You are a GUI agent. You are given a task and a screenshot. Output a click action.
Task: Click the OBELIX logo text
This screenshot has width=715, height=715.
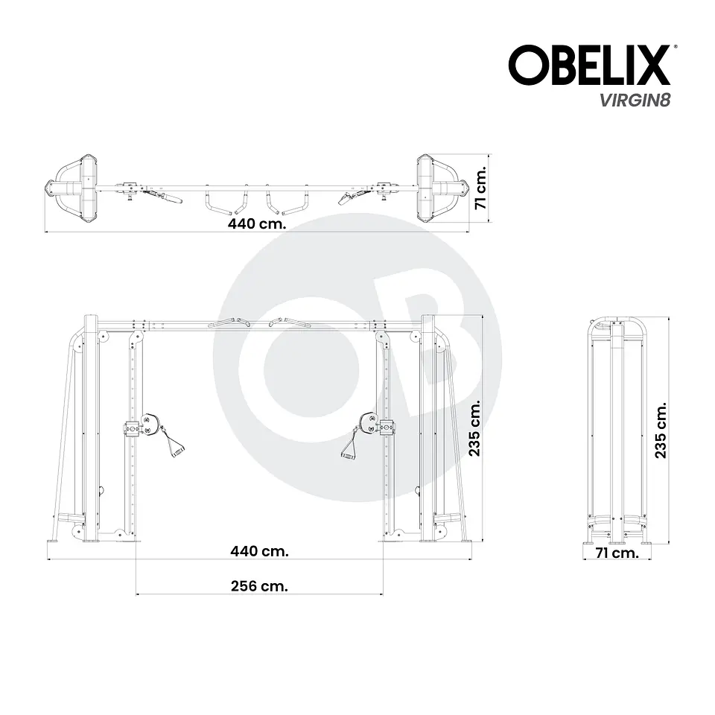pyautogui.click(x=588, y=65)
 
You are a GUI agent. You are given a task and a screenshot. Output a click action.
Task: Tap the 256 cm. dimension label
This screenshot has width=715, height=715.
pyautogui.click(x=258, y=585)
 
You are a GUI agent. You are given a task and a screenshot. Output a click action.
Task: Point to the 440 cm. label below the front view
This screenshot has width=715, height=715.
pyautogui.click(x=259, y=551)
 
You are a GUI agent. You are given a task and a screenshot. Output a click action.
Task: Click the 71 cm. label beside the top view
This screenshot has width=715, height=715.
pyautogui.click(x=481, y=188)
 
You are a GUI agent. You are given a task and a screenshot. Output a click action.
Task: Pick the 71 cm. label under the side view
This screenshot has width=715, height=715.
pyautogui.click(x=617, y=553)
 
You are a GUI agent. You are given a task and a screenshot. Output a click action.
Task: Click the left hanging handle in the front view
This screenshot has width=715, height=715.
pyautogui.click(x=175, y=445)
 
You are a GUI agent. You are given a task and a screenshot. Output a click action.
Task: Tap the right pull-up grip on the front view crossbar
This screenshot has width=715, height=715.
pyautogui.click(x=293, y=322)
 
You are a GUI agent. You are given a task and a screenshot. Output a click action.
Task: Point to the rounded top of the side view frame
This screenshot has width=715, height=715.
pyautogui.click(x=618, y=325)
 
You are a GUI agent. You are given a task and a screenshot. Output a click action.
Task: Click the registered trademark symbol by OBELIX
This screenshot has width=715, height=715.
pyautogui.click(x=676, y=46)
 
